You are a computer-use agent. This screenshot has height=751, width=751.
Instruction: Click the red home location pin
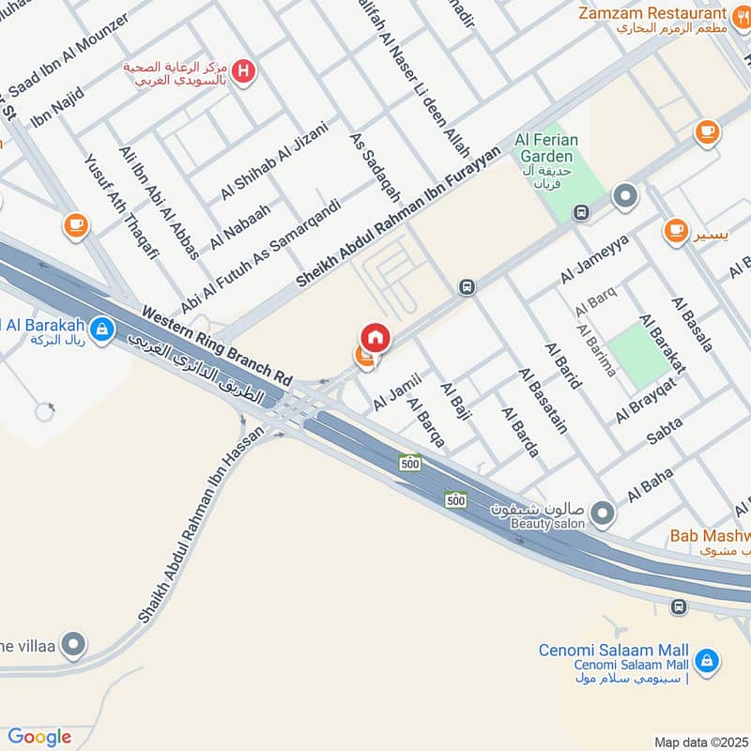[x=375, y=337]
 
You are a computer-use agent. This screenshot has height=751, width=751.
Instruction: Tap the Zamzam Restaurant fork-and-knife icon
[x=742, y=15]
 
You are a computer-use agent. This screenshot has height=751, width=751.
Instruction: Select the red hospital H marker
[x=244, y=70]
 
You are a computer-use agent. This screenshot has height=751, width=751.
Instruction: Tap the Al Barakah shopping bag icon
[x=102, y=329]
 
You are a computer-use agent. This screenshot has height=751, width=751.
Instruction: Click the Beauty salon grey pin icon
[x=603, y=513]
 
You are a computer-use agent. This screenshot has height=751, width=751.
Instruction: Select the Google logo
[x=39, y=736]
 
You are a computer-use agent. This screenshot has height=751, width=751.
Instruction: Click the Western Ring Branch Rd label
[x=217, y=344]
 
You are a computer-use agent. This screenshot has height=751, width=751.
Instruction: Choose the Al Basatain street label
[x=544, y=400]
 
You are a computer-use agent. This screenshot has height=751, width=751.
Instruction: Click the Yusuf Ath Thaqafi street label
[x=123, y=207]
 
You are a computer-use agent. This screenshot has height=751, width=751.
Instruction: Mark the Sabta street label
[x=666, y=432]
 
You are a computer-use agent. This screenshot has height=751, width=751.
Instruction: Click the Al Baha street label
[x=651, y=485]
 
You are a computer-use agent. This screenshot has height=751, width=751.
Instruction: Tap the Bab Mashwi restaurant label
[x=710, y=537]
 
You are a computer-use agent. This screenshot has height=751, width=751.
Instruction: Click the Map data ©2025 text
[x=699, y=742]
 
